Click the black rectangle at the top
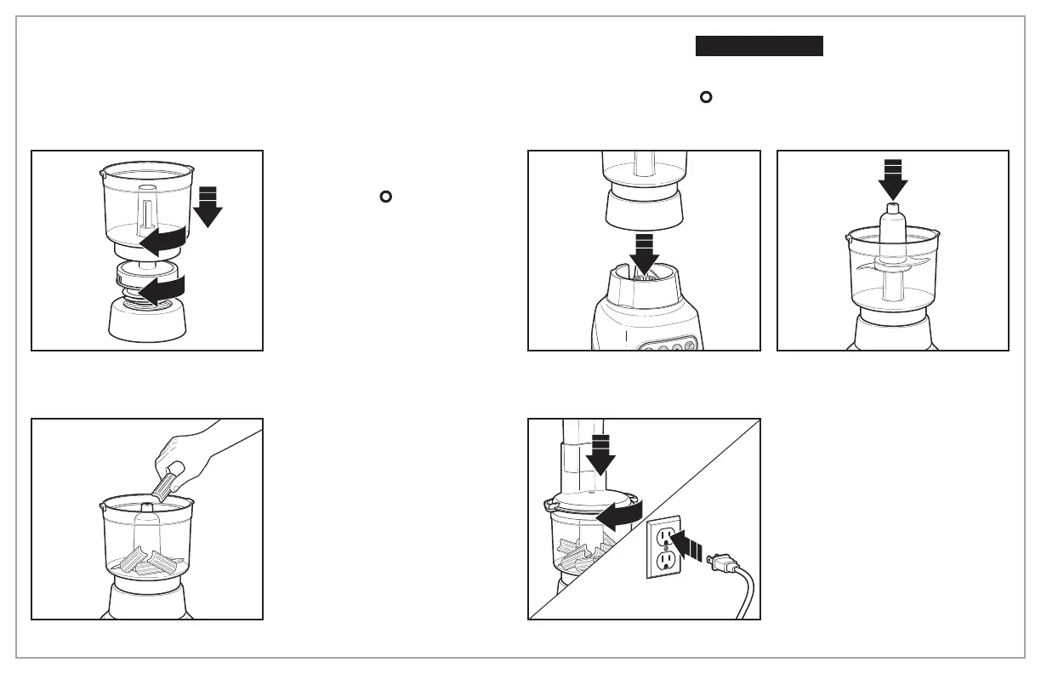[x=759, y=46]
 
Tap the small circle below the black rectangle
[x=705, y=97]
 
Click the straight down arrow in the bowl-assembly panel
[x=207, y=209]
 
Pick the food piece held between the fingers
[x=165, y=482]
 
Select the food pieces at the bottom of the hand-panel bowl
[x=150, y=563]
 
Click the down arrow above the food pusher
[x=601, y=454]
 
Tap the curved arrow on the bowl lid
[x=616, y=517]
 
